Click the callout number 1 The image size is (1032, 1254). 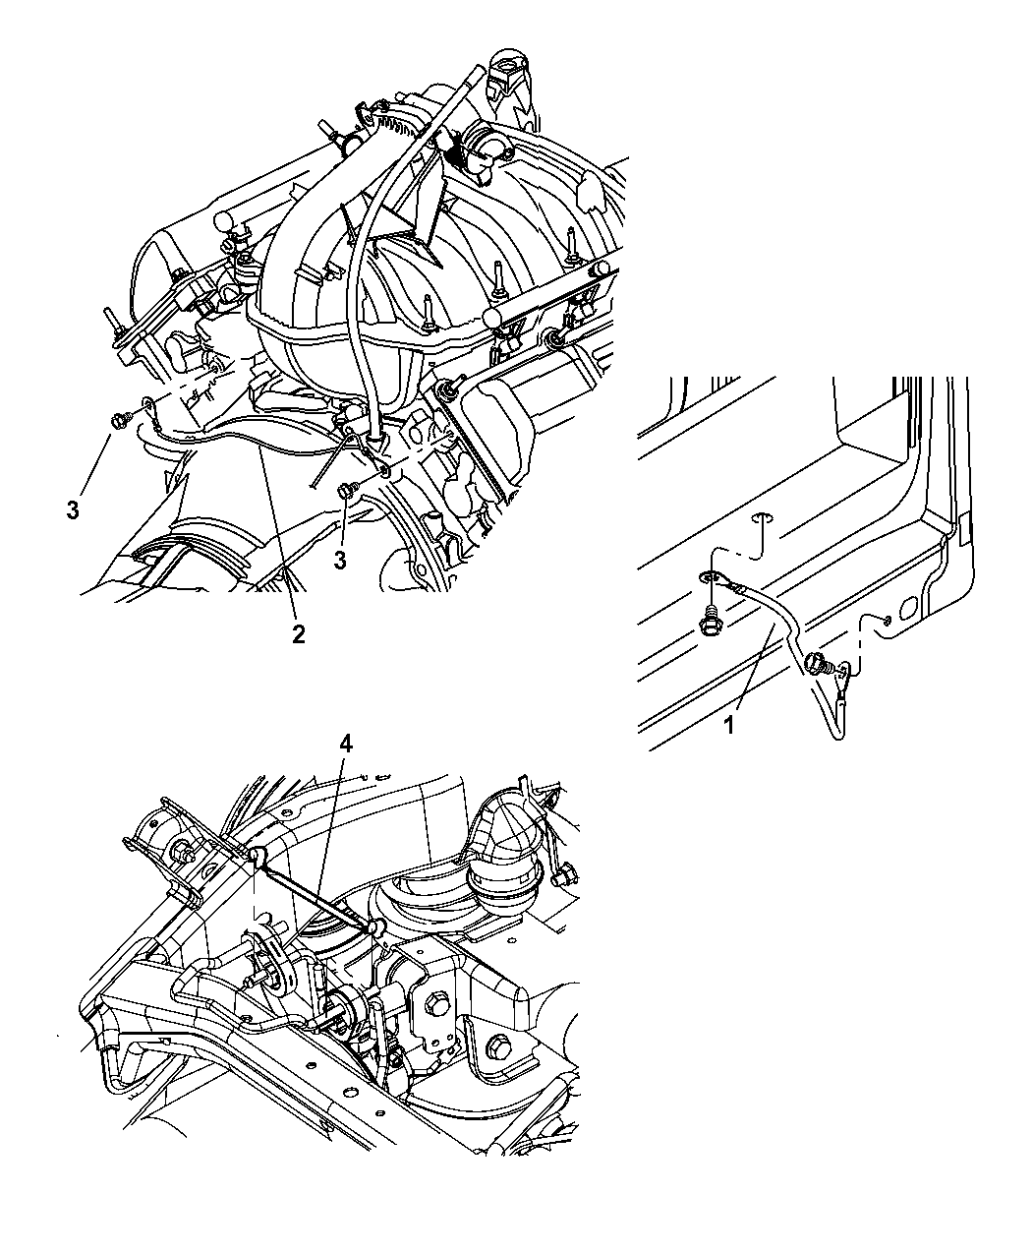(729, 726)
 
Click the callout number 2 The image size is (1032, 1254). (299, 634)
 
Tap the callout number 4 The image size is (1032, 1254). (346, 745)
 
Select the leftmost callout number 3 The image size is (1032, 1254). (73, 510)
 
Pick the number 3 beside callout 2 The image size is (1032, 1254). (340, 561)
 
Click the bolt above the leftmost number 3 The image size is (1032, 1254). (117, 420)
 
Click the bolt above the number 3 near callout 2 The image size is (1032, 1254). (346, 490)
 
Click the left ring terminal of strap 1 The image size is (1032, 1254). (713, 577)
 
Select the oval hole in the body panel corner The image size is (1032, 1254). (911, 607)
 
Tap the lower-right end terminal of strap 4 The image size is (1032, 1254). (375, 927)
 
